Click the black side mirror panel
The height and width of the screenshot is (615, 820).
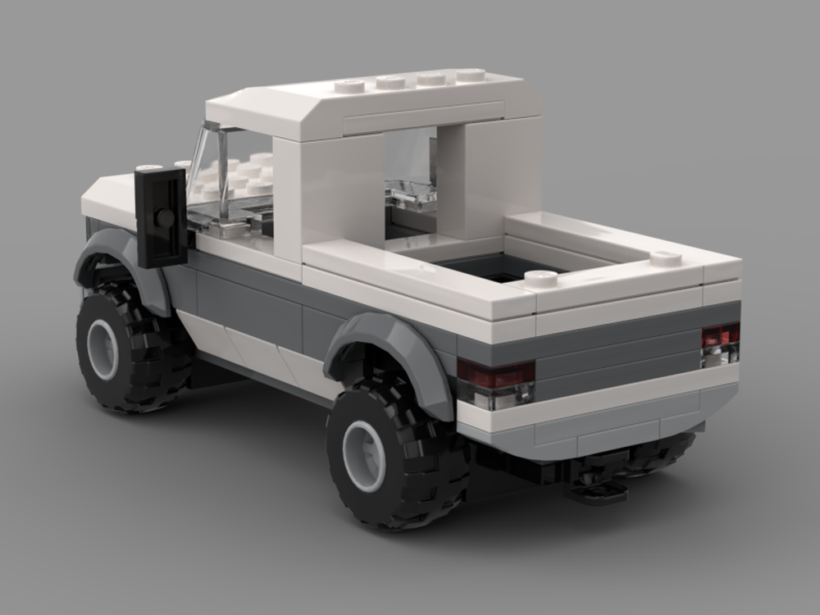pos(161,217)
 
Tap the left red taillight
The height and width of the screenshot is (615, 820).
pos(495,375)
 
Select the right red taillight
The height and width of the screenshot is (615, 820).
pos(720,335)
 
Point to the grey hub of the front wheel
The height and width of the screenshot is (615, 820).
pos(102,348)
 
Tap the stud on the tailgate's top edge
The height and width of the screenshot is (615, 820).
pos(541,278)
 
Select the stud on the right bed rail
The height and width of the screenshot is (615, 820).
pos(665,259)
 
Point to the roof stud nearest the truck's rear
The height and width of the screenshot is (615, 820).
pos(471,75)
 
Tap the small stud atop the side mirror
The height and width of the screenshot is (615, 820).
pos(149,168)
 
